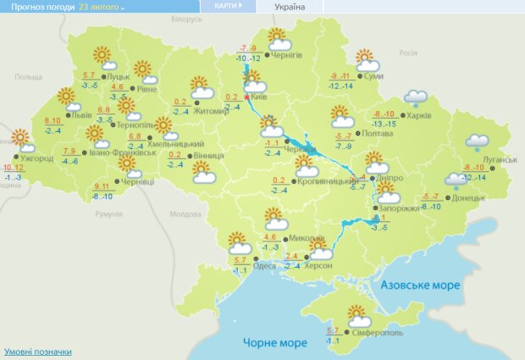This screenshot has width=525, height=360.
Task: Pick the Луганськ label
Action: click(x=500, y=159)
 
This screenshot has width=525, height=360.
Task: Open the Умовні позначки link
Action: click(x=38, y=352)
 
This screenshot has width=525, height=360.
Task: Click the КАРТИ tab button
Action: click(x=229, y=6)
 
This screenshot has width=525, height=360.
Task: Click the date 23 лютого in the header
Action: click(x=100, y=6)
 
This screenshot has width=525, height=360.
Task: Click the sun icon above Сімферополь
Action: click(x=358, y=316)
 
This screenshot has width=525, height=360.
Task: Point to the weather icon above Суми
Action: click(x=366, y=61)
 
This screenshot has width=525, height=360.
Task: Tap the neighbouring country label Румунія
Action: click(x=108, y=214)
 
